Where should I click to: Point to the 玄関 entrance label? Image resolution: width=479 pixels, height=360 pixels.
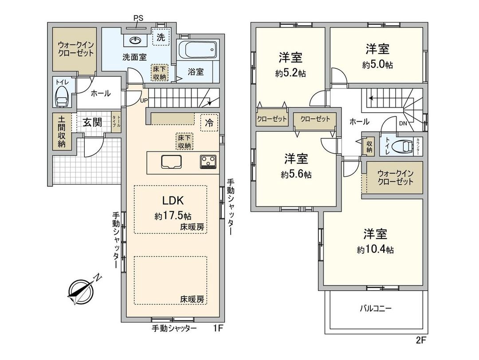92,123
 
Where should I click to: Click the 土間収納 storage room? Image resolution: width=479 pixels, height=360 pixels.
61,132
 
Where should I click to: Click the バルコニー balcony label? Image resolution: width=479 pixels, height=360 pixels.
375,309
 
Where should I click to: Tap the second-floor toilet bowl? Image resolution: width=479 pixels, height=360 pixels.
403,146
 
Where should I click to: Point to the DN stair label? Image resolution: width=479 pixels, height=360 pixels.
403,124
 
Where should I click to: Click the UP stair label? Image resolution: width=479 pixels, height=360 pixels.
144,100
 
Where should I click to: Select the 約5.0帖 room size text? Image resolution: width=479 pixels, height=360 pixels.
377,65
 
